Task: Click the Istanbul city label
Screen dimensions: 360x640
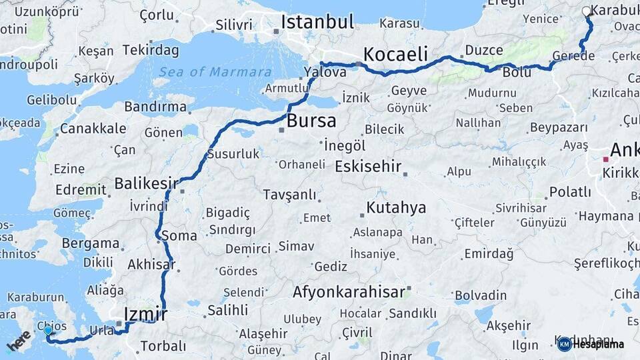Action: coord(317,22)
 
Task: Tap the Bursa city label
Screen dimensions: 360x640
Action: coord(311,121)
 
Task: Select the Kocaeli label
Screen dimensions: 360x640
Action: coord(395,54)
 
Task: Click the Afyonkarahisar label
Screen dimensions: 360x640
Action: coord(349,292)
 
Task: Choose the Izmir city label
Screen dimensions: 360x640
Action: coord(145,313)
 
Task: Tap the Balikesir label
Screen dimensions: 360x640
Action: coord(146,183)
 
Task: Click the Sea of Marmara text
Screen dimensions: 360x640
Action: coord(215,72)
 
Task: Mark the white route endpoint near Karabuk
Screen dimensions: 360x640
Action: coord(586,11)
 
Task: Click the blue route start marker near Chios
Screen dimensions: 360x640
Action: coord(48,331)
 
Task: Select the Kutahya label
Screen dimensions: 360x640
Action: coord(396,207)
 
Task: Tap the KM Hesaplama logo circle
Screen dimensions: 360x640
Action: coord(564,344)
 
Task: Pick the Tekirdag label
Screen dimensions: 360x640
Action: coord(151,51)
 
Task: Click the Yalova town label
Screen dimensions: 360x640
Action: coord(325,71)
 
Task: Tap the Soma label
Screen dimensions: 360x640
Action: coord(179,236)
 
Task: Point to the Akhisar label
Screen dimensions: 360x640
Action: coord(151,263)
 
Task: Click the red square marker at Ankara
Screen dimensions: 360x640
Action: coord(605,159)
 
